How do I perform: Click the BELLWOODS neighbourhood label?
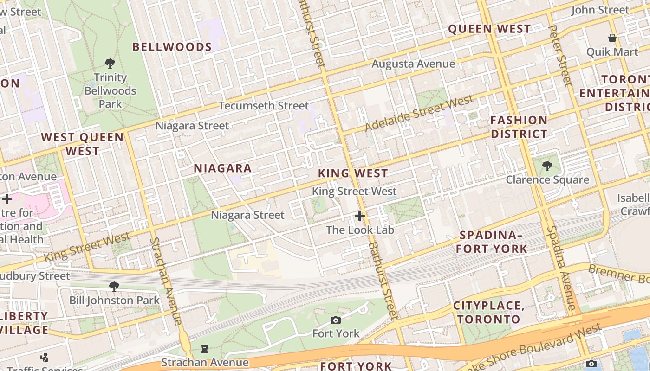tap(172, 47)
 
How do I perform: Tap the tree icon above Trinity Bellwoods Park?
tap(110, 63)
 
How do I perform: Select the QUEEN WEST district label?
tap(489, 29)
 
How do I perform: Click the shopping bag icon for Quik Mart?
tap(612, 38)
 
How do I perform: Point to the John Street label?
tap(600, 10)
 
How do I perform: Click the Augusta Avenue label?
tap(413, 64)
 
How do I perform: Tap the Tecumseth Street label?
tap(263, 106)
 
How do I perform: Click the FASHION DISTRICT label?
tap(519, 127)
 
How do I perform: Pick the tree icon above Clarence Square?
tap(547, 166)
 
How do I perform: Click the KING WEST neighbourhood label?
tap(353, 173)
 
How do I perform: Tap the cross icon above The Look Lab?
tap(360, 216)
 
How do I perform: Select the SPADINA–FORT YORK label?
tap(492, 242)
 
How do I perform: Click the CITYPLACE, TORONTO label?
tap(488, 313)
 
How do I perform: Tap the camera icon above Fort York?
tap(336, 320)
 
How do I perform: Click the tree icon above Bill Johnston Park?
tap(114, 287)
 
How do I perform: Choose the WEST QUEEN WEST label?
tap(83, 144)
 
